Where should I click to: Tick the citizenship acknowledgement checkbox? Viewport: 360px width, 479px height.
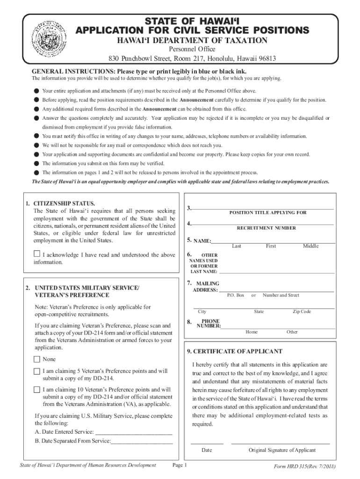pos(37,254)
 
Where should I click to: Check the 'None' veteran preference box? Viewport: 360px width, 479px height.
pos(37,359)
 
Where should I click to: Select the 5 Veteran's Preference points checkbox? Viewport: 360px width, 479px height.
pos(37,371)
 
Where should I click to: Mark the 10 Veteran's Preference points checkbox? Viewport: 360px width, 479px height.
pos(37,390)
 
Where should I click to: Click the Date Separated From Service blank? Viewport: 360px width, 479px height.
pos(142,441)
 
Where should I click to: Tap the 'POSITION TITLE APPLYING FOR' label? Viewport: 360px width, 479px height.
pos(267,212)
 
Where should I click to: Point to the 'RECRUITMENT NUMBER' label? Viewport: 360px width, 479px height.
pos(266,228)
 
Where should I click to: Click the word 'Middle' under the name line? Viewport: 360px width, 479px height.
pos(310,246)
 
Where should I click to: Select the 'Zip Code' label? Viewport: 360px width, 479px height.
pos(302,312)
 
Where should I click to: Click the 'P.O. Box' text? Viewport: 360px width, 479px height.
pos(236,295)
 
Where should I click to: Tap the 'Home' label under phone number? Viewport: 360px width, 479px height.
pos(252,332)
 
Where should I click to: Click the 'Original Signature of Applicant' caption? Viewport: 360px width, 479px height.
pos(282,450)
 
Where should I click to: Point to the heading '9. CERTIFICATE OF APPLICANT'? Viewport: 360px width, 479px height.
pos(235,351)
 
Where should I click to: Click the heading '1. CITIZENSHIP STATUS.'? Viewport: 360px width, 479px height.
pos(60,203)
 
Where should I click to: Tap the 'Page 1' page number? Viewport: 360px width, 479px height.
pos(180,465)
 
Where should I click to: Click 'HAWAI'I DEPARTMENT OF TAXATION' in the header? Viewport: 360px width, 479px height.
pos(192,41)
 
